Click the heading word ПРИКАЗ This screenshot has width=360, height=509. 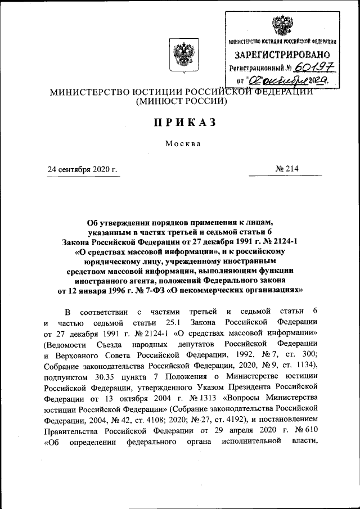point(179,123)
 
